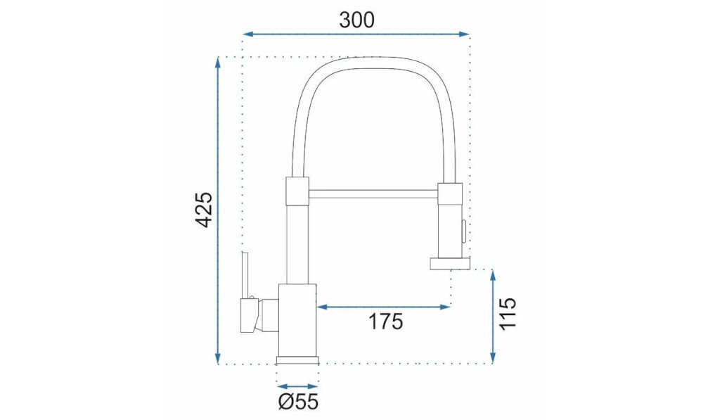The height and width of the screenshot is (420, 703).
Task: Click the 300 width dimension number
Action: coord(356,19)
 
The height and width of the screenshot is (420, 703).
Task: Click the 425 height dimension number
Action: coord(203,210)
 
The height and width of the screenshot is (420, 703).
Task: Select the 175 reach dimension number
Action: coord(385,322)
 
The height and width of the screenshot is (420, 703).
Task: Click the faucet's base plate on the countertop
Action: coord(298,359)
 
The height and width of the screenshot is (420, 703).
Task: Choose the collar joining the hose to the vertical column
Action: coord(297,191)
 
